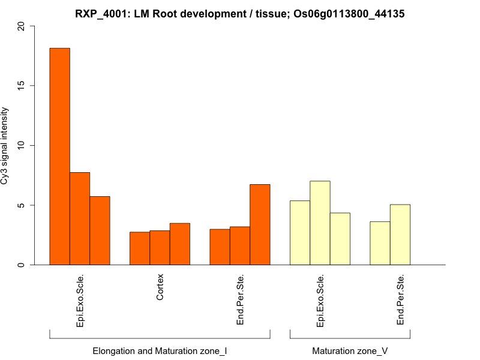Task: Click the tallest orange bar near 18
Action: (x=59, y=156)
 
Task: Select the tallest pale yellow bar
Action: (x=320, y=223)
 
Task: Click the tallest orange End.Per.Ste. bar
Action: (x=260, y=224)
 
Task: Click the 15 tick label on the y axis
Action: (x=22, y=86)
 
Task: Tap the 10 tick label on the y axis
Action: (x=22, y=146)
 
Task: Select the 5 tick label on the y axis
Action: (x=22, y=205)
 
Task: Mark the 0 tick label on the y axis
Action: (x=22, y=265)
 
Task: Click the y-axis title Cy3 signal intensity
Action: (x=7, y=146)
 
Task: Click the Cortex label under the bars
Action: (x=160, y=288)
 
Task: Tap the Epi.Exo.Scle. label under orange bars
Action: (x=80, y=301)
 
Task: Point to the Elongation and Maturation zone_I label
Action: (x=160, y=350)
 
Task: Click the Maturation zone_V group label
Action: (x=350, y=350)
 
